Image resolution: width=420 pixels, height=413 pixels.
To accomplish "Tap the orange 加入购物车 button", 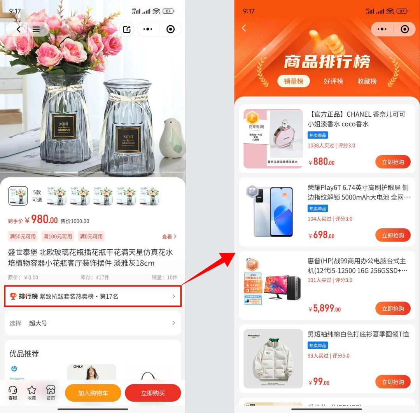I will click(x=93, y=393).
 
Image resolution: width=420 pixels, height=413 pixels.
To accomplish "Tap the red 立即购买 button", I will click(x=153, y=393).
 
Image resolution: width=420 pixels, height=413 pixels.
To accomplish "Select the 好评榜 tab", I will click(x=333, y=81).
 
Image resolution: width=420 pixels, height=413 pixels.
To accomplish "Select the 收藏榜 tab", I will click(x=367, y=81).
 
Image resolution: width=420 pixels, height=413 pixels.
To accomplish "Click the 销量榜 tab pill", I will click(x=294, y=81).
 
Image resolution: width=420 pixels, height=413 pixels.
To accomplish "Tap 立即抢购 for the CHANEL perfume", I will click(x=393, y=162).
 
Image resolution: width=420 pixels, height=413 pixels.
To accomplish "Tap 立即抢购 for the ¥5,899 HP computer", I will click(x=393, y=308).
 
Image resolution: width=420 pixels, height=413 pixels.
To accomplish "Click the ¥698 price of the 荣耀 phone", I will click(x=322, y=235).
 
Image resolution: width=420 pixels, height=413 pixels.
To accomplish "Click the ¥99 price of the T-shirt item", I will click(x=319, y=381).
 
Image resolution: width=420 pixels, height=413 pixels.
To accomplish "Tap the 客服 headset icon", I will click(x=13, y=390).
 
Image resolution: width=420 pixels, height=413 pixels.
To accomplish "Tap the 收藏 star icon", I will click(x=32, y=390).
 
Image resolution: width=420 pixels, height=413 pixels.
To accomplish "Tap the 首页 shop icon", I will click(x=51, y=390).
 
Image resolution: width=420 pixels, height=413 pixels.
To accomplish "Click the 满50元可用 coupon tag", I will click(x=23, y=236).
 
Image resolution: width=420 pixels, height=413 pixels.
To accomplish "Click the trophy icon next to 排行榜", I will click(x=13, y=296).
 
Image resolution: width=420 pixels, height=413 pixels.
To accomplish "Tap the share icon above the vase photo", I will click(x=127, y=29).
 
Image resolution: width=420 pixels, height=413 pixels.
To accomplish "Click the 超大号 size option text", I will click(x=38, y=323).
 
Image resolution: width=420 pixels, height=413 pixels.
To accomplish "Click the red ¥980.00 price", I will click(x=41, y=220).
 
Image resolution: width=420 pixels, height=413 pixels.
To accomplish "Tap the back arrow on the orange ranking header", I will click(x=244, y=28).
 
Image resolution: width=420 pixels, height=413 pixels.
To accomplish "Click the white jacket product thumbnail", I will click(x=273, y=358).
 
